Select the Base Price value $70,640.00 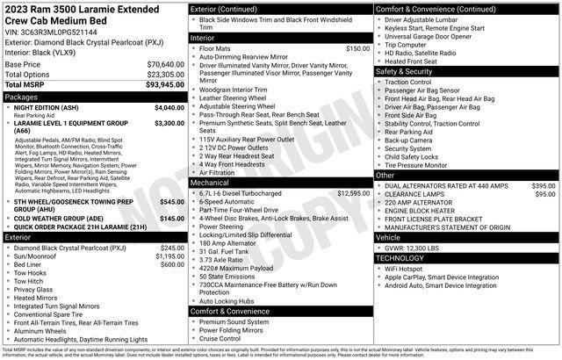(x=165, y=65)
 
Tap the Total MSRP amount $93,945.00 (x=165, y=84)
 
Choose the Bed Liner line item (x=27, y=264)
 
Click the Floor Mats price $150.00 (x=357, y=48)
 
